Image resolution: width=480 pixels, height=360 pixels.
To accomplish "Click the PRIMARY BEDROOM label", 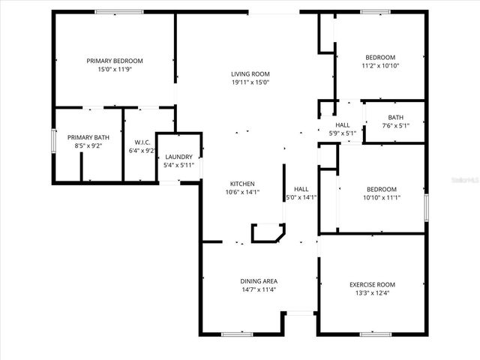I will point(115,61).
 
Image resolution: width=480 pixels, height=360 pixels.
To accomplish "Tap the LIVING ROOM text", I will point(250,73).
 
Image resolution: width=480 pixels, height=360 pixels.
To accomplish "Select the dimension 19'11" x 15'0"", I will point(250,82).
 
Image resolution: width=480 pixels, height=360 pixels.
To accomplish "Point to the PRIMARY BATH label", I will point(88,137).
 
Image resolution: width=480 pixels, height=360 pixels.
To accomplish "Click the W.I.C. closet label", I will point(143,142).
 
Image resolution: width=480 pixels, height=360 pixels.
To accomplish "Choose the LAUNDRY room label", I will point(178,157).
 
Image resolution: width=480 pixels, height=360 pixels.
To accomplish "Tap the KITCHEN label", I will point(242,184).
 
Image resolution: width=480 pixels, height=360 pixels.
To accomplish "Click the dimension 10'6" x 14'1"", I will point(242,192).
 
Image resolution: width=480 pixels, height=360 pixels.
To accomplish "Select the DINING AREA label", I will point(259,281).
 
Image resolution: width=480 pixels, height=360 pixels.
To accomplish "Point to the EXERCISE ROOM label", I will point(372,284).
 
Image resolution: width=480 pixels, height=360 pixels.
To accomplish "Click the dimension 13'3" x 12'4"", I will point(372,293).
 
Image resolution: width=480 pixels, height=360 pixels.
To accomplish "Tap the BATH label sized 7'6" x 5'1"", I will point(395,117).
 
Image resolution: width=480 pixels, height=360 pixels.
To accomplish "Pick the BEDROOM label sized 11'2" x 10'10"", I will point(380,58).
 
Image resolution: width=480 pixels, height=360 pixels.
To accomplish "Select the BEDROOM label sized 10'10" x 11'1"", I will point(381,189).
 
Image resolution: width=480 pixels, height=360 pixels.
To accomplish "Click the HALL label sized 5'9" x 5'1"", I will point(343,125).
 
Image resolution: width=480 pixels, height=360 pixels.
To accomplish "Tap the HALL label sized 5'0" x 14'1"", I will point(301,189).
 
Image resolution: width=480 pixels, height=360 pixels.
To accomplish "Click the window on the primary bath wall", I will point(53,142).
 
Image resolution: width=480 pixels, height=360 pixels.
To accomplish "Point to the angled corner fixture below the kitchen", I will point(267,234).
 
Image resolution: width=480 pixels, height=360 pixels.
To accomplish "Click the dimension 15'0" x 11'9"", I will point(115,69).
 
